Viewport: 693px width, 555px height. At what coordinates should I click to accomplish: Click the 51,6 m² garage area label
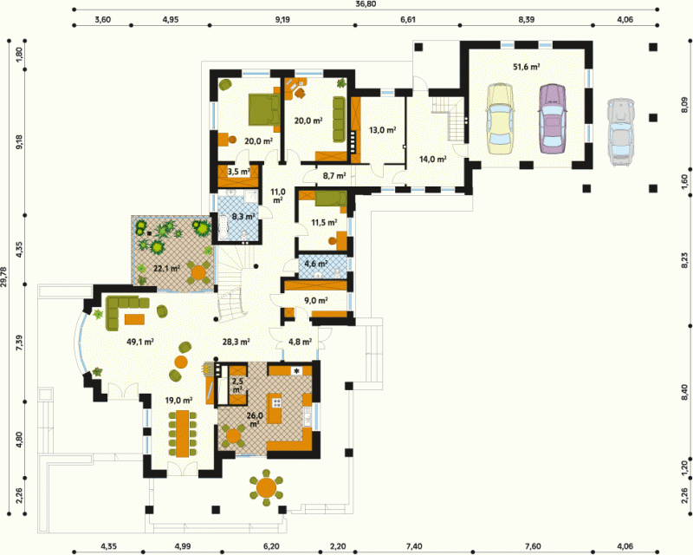(527, 67)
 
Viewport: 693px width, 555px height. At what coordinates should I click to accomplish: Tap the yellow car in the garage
(501, 119)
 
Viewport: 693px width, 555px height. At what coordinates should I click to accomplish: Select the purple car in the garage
(552, 118)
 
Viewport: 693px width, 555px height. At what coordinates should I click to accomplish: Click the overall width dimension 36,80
(366, 4)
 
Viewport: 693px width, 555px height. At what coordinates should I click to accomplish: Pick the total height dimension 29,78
(4, 277)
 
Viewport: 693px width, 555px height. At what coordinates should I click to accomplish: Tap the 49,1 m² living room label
(140, 342)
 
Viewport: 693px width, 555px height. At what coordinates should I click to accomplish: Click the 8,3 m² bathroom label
(243, 217)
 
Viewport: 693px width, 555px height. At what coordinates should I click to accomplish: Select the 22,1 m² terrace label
(166, 268)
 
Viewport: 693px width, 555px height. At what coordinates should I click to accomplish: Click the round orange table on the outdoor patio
(266, 487)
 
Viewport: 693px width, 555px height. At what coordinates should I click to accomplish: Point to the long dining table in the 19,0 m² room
(182, 434)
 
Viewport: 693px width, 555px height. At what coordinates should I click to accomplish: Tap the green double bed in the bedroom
(264, 109)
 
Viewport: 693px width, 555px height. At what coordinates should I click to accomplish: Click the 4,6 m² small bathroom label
(316, 264)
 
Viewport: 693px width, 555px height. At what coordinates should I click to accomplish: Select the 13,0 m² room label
(382, 130)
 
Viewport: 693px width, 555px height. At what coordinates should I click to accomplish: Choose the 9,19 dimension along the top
(282, 19)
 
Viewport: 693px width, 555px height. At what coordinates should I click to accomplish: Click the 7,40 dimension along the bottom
(413, 546)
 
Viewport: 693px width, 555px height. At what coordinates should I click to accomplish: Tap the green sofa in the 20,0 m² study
(339, 119)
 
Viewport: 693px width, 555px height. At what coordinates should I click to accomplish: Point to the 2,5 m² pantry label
(237, 385)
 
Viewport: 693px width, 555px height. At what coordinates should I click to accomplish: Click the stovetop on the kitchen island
(277, 402)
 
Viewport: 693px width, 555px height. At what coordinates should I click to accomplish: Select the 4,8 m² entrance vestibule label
(300, 342)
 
